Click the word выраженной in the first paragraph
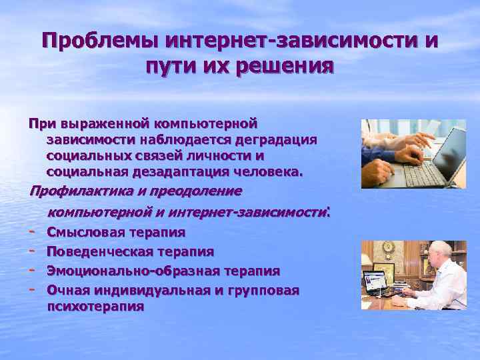[105, 124]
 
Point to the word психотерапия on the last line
[95, 307]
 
